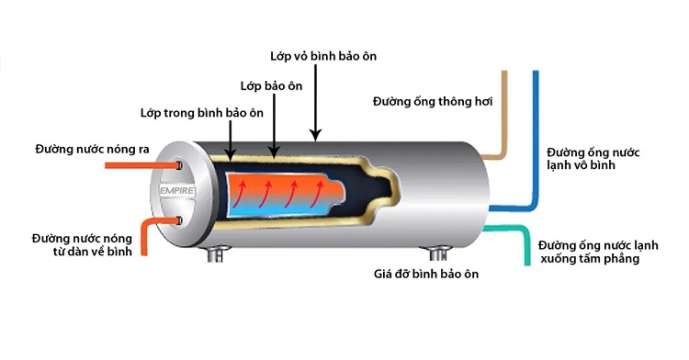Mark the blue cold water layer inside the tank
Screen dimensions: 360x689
(276, 210)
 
